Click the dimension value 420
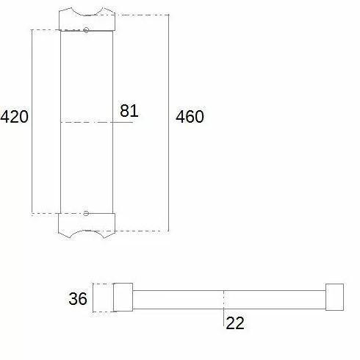tap(14, 117)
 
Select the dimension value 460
tap(190, 116)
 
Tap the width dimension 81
tap(129, 111)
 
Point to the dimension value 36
tap(78, 298)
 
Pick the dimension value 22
tap(235, 323)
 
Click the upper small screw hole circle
tap(86, 30)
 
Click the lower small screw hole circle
tap(86, 213)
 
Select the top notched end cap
tap(87, 20)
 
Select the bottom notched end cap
tap(87, 226)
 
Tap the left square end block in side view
tap(123, 297)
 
